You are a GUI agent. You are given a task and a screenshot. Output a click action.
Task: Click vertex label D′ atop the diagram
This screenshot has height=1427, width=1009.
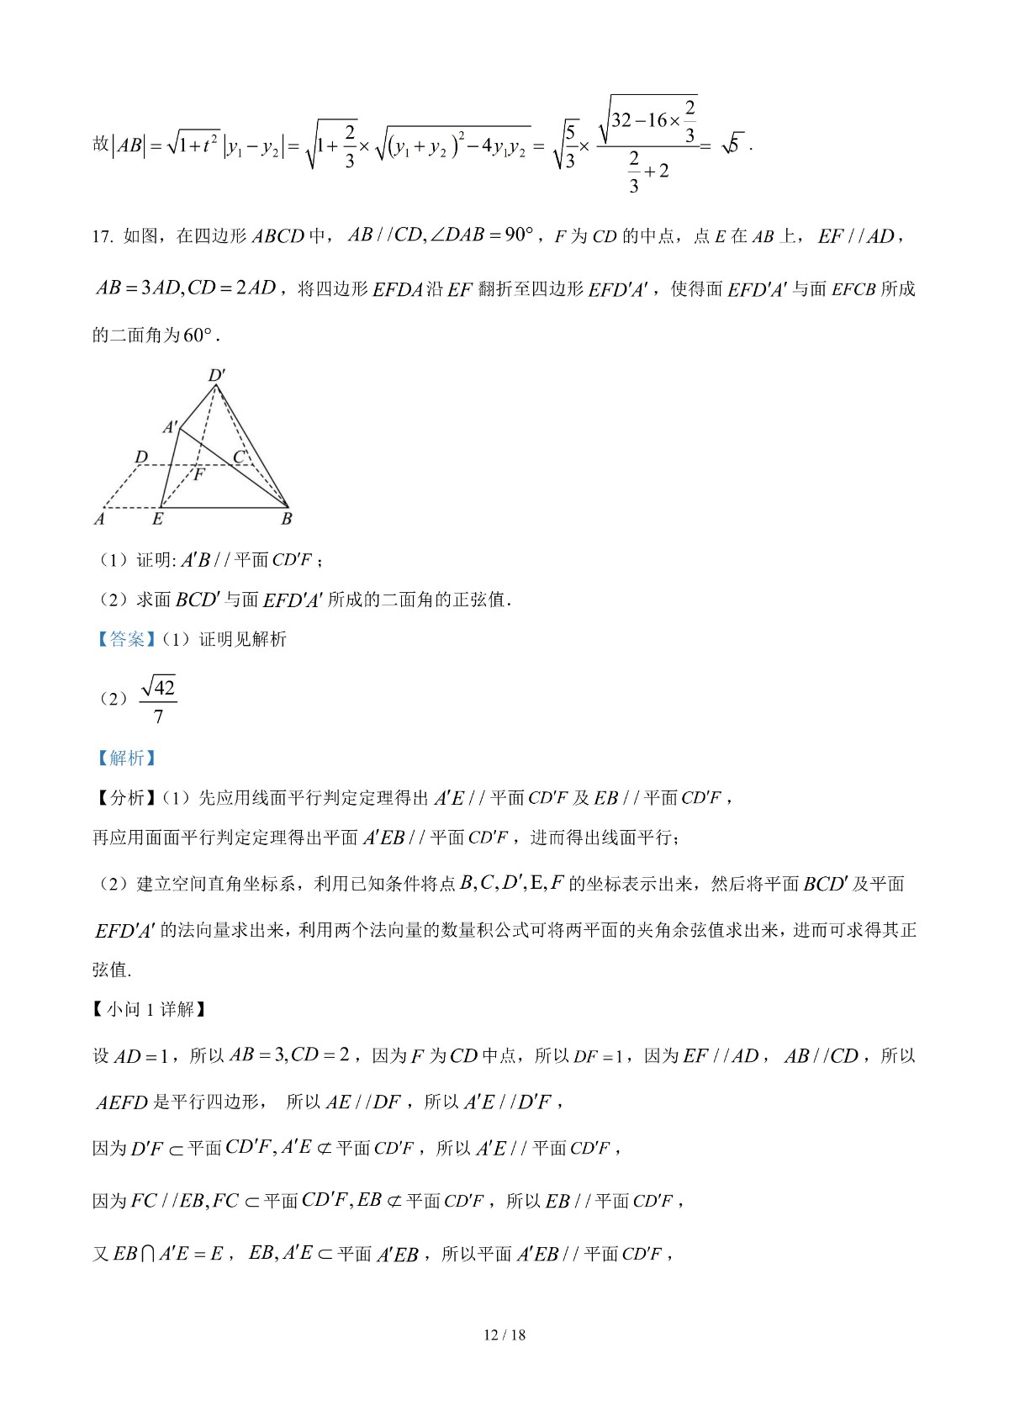[x=217, y=375]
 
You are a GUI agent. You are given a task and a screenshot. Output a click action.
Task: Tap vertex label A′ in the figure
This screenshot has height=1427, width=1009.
[x=171, y=426]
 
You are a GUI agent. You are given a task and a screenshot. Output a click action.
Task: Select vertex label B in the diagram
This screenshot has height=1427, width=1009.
[x=287, y=519]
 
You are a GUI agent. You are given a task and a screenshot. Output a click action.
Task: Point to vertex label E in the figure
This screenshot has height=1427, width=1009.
[x=157, y=519]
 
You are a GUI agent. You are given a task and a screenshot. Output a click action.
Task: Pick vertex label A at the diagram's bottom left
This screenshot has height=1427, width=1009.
[x=99, y=519]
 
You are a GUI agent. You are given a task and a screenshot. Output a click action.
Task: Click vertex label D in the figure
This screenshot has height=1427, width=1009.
[x=141, y=457]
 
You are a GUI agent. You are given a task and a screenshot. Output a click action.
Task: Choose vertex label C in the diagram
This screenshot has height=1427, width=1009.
[x=240, y=457]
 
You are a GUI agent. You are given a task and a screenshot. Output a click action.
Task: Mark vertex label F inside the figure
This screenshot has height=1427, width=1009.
[x=199, y=474]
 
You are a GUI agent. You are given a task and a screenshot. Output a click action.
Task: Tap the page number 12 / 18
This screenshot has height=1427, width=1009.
[x=504, y=1335]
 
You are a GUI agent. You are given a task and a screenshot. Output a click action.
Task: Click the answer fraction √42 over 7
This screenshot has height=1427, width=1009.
[x=158, y=701]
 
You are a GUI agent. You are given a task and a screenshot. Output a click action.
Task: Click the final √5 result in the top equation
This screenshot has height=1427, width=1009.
[x=733, y=145]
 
